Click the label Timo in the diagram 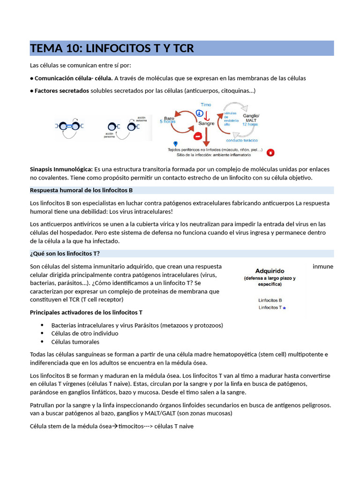pyautogui.click(x=206, y=105)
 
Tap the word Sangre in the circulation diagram pyautogui.click(x=206, y=123)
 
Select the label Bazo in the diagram pyautogui.click(x=169, y=118)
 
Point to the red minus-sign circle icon pyautogui.click(x=198, y=136)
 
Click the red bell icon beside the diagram pyautogui.click(x=270, y=152)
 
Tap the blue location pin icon pyautogui.click(x=175, y=143)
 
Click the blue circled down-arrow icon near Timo pyautogui.click(x=199, y=113)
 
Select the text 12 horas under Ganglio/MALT pyautogui.click(x=250, y=124)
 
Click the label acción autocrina pyautogui.click(x=142, y=119)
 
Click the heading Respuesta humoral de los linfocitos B pyautogui.click(x=81, y=190)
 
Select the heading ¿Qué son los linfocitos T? pyautogui.click(x=65, y=254)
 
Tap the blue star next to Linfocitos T pyautogui.click(x=284, y=308)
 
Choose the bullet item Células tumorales pyautogui.click(x=75, y=342)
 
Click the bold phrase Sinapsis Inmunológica pyautogui.click(x=61, y=169)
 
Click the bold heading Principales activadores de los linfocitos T pyautogui.click(x=86, y=312)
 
